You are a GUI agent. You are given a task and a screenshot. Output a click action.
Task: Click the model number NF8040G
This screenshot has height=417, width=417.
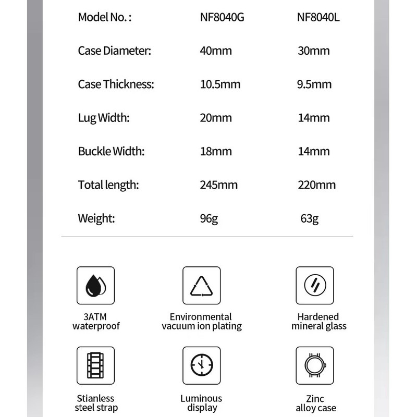[x=222, y=17]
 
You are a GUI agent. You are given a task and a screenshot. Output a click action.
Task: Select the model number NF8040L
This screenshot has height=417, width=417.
[x=318, y=17]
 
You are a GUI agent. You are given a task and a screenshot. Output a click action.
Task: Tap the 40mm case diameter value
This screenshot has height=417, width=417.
[x=216, y=51]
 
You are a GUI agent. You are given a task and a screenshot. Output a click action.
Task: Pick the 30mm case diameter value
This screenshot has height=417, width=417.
[x=313, y=51]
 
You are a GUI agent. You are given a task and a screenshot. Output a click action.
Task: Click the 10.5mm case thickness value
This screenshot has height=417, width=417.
[x=220, y=84]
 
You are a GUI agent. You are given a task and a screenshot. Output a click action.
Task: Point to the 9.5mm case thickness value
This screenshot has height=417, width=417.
[x=314, y=84]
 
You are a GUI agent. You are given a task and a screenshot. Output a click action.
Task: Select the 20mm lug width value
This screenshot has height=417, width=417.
[x=216, y=118]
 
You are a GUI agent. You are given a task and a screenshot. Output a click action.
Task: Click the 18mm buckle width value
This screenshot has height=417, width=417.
[x=216, y=151]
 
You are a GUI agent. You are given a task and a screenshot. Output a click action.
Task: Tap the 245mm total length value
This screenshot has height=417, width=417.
[x=219, y=185]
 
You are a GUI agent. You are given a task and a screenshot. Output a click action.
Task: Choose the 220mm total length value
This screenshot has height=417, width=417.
[x=316, y=185]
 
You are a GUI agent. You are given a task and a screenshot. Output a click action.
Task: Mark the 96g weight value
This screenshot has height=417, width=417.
[x=209, y=218]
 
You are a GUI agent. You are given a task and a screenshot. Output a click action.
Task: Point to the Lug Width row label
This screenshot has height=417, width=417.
[x=104, y=118]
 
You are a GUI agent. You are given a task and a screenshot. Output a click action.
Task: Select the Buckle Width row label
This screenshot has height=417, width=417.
[x=111, y=151]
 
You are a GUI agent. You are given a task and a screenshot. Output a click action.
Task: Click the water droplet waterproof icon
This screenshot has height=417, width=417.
[x=95, y=286]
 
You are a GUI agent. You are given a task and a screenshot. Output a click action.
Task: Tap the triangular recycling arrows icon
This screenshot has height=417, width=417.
[x=202, y=286]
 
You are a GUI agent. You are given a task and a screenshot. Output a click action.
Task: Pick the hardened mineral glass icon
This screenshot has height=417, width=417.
[x=315, y=286]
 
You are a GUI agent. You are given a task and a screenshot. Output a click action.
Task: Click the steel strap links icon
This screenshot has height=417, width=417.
[x=95, y=365]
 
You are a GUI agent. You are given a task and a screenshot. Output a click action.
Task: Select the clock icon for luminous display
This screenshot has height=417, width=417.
[x=202, y=365]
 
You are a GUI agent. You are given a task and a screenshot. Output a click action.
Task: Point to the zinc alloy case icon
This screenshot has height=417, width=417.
[x=315, y=365]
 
